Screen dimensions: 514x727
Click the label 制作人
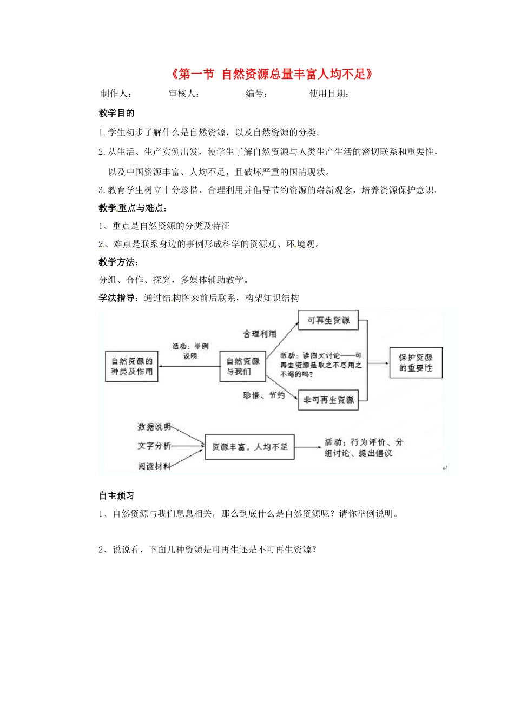click(116, 94)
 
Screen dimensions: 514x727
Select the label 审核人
click(184, 94)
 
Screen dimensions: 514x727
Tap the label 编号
click(256, 94)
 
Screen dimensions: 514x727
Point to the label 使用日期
click(329, 94)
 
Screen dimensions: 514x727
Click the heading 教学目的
click(116, 113)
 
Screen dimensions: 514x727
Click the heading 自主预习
click(116, 496)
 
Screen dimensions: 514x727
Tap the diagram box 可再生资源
click(328, 321)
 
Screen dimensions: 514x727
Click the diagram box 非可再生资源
click(328, 400)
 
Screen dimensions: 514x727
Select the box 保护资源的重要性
click(416, 362)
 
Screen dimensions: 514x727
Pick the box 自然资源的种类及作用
click(131, 366)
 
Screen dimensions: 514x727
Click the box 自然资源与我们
click(242, 366)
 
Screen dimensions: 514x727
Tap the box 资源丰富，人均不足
click(249, 447)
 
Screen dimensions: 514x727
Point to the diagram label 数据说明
click(154, 427)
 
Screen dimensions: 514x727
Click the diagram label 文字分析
click(154, 446)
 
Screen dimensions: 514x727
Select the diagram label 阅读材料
click(154, 466)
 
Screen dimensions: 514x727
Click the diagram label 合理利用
click(260, 334)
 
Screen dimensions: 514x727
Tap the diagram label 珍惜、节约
click(263, 395)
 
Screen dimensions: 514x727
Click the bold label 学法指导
click(117, 298)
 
